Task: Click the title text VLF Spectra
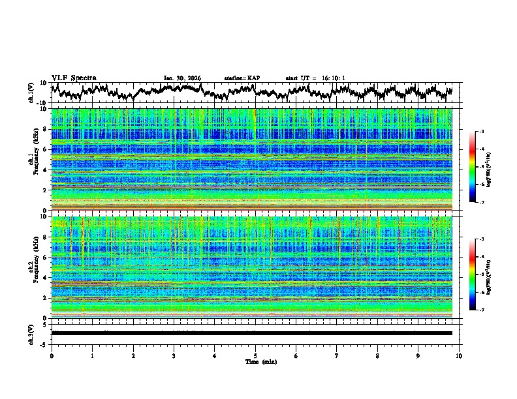click(x=74, y=78)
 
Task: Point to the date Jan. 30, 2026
click(x=182, y=78)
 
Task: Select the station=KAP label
click(x=242, y=78)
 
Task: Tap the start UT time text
click(x=315, y=78)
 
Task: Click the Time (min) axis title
click(x=255, y=361)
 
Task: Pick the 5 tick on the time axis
click(x=255, y=355)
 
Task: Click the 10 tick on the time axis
click(x=459, y=355)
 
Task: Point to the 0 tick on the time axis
click(x=52, y=355)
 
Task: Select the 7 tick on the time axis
click(x=337, y=355)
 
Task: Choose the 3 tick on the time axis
click(x=174, y=355)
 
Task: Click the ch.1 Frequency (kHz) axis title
click(x=33, y=159)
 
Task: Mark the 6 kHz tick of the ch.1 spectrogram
click(x=45, y=149)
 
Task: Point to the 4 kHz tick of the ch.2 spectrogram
click(x=45, y=278)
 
